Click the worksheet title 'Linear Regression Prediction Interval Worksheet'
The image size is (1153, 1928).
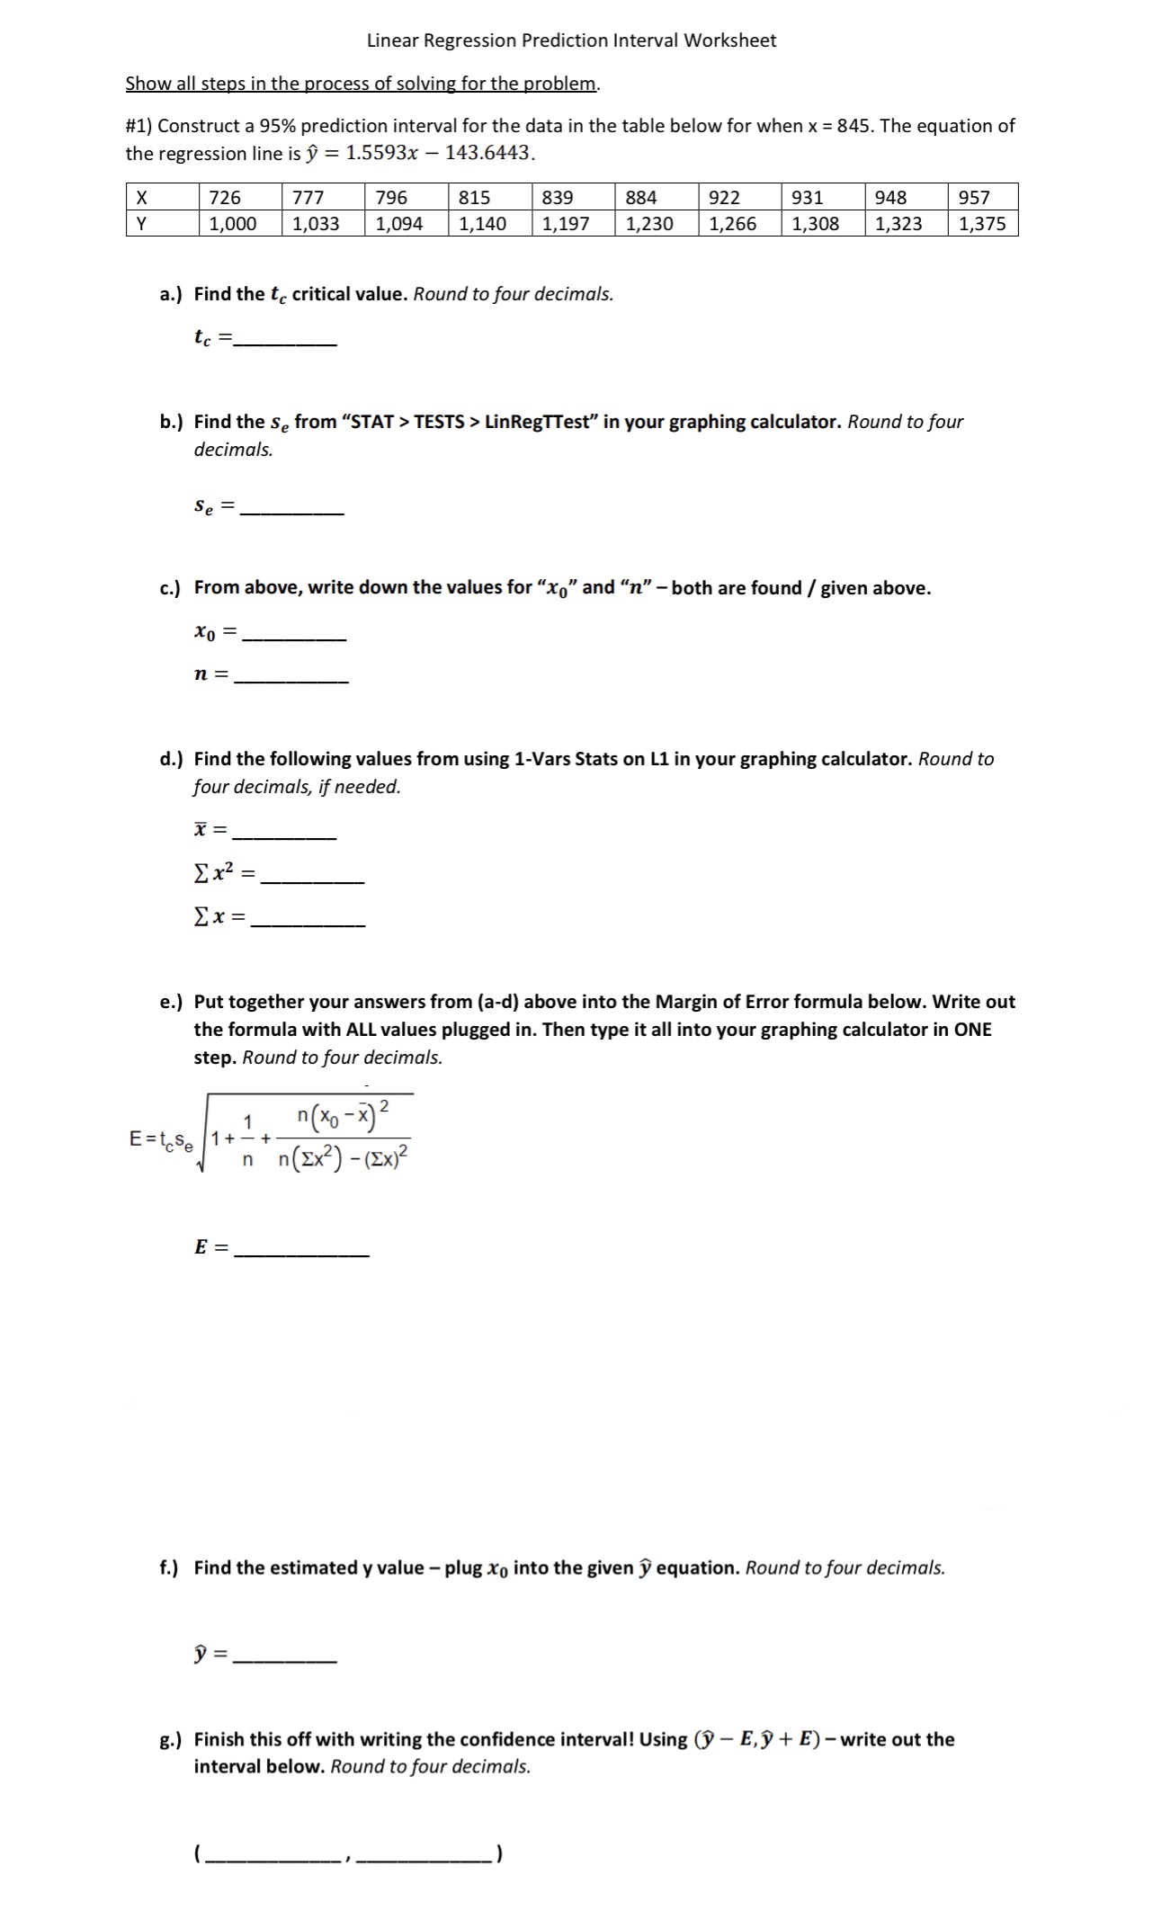click(x=571, y=40)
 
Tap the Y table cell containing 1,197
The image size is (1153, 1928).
click(x=566, y=224)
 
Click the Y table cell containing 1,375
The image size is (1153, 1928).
click(x=982, y=224)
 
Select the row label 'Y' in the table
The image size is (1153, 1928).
click(x=139, y=224)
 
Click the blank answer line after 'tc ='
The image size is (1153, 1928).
click(x=284, y=344)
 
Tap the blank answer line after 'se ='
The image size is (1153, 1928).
click(x=293, y=512)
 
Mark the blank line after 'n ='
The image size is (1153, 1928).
click(x=290, y=680)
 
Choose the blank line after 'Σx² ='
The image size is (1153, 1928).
click(x=312, y=880)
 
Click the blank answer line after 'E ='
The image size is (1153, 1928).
click(x=302, y=1254)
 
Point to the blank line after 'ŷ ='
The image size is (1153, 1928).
click(x=284, y=1659)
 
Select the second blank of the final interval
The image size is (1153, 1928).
click(x=425, y=1856)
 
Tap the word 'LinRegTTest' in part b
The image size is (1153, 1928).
click(x=538, y=422)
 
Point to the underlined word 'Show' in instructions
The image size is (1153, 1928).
click(x=148, y=84)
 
